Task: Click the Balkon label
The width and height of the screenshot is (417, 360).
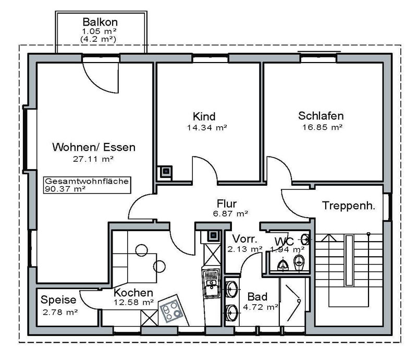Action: (x=100, y=22)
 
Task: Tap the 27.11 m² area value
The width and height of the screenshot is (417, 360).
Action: (x=93, y=159)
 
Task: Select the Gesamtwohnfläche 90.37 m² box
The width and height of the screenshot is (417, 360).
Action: (x=87, y=185)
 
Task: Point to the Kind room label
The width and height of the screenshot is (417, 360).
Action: (x=204, y=116)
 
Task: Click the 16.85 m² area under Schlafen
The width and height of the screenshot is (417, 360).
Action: (x=322, y=127)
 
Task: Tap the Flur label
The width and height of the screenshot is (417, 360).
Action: (x=227, y=203)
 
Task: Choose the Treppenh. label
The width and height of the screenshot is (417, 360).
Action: (x=349, y=206)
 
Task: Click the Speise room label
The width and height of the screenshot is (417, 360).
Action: (x=58, y=300)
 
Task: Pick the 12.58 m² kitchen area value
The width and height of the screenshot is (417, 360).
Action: (x=134, y=303)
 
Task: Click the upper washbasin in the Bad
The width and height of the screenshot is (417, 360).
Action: (x=231, y=289)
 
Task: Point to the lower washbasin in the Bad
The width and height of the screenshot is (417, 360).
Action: (x=231, y=313)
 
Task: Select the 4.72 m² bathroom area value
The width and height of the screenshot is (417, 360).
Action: (x=261, y=307)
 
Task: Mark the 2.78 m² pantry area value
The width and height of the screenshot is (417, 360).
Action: (x=60, y=312)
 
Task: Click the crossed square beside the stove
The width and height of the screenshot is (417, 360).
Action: (x=150, y=318)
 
